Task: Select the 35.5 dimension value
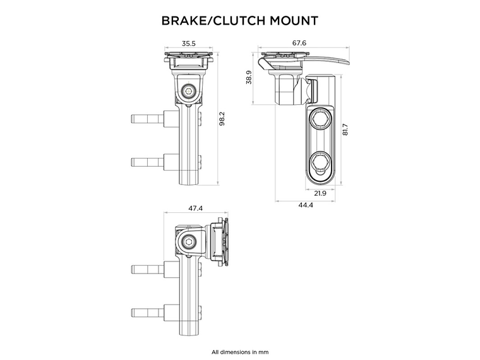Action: pyautogui.click(x=188, y=44)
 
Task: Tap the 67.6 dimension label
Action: pyautogui.click(x=299, y=44)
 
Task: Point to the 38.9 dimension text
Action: pyautogui.click(x=249, y=78)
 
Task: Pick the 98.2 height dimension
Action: pyautogui.click(x=222, y=119)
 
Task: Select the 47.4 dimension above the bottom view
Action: pyautogui.click(x=196, y=208)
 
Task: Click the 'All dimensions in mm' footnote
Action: pyautogui.click(x=240, y=351)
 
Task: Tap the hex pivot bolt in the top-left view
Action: pyautogui.click(x=188, y=92)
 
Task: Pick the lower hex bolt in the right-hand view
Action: pyautogui.click(x=320, y=161)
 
